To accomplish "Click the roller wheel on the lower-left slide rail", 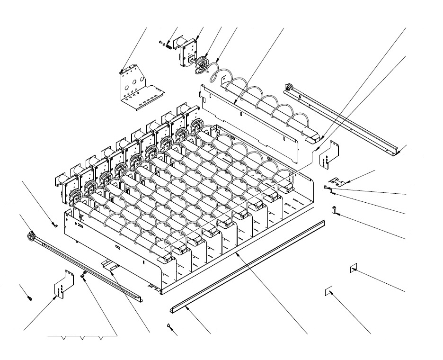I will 33,235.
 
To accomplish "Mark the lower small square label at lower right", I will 328,290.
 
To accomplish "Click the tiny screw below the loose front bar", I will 169,325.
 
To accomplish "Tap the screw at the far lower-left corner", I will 30,298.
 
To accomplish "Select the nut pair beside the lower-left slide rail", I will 83,274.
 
